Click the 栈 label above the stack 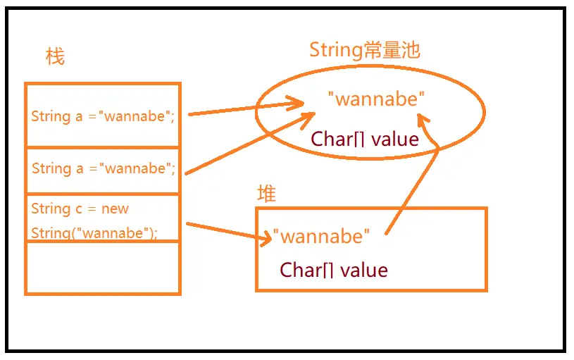[x=55, y=56]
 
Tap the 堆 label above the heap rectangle [x=266, y=194]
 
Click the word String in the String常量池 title [x=336, y=50]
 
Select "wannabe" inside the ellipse [x=377, y=99]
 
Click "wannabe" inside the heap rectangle [x=321, y=236]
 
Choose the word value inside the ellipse [x=395, y=139]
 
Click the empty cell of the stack [x=103, y=267]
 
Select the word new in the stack [x=115, y=209]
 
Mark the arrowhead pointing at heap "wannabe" [x=266, y=238]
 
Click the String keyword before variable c [x=51, y=209]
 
